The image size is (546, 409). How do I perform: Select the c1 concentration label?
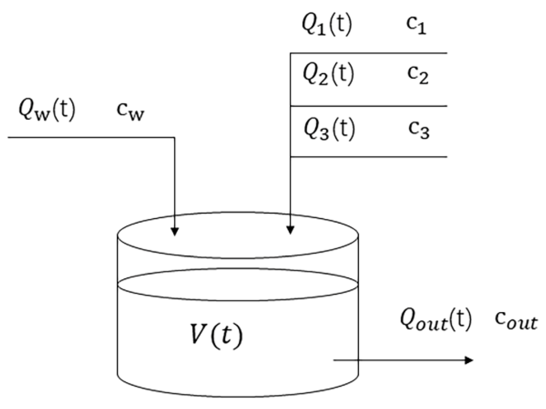pos(416,26)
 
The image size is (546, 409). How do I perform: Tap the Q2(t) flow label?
pos(328,75)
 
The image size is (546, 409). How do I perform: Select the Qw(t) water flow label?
pos(47,111)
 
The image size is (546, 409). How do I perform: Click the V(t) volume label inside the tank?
pos(216,335)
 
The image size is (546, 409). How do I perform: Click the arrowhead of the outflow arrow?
pos(470,360)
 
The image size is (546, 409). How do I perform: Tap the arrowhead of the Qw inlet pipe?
pos(175,232)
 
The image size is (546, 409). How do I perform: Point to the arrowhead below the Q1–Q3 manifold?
pos(290,230)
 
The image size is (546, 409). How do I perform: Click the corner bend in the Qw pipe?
pos(175,137)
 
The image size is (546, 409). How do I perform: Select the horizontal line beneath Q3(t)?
pos(368,157)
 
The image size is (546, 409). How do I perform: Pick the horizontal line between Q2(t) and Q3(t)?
pos(368,106)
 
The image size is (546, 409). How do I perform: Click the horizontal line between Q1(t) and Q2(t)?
pos(368,53)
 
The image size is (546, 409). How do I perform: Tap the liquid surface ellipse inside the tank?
pos(238,300)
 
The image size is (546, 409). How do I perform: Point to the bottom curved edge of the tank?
pos(238,397)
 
